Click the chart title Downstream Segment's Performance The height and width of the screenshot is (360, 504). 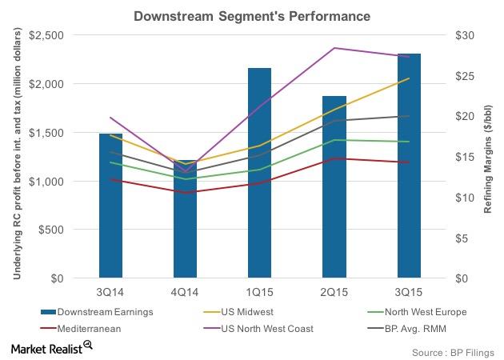253,14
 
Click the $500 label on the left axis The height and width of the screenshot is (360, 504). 50,230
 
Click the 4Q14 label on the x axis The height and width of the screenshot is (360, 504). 186,292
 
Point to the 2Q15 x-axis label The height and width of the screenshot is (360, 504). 334,292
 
